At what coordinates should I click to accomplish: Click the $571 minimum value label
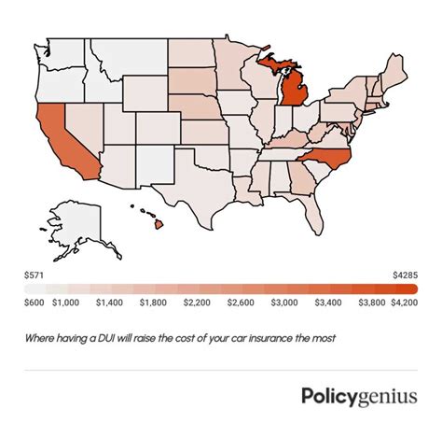35,275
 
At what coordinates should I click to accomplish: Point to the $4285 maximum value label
406,275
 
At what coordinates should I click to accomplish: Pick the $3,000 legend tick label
281,303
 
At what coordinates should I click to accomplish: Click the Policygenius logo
359,396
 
